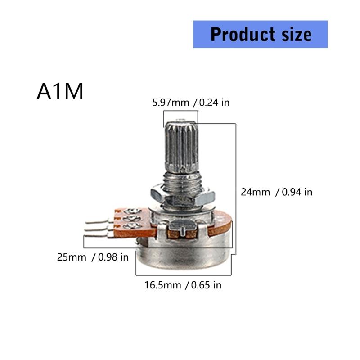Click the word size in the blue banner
pos(295,34)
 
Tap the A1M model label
pos(60,91)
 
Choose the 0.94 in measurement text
pos(297,192)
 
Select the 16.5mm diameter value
pos(162,285)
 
